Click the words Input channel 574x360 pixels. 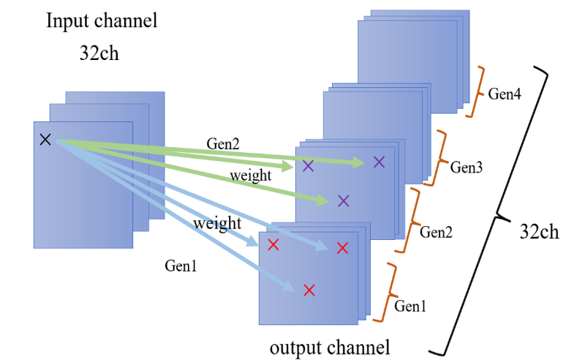(102, 20)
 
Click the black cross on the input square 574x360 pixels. (45, 139)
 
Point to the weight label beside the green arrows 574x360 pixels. (251, 176)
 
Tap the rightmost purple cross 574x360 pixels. (379, 162)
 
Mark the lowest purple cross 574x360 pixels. (344, 200)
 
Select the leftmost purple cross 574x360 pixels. (308, 166)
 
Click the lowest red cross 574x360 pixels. (309, 290)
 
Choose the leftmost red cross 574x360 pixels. (273, 244)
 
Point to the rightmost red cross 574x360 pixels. (341, 249)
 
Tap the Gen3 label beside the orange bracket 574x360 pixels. (466, 168)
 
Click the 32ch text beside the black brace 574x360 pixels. (539, 232)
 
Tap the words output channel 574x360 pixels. (330, 345)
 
